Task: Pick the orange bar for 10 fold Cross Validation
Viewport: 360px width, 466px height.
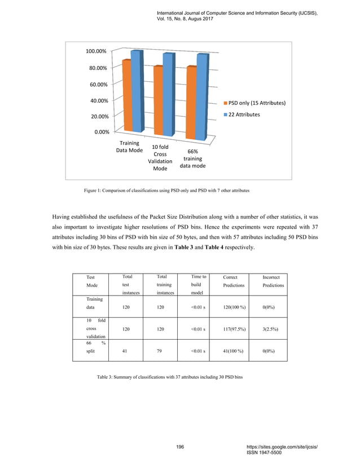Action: tap(158, 100)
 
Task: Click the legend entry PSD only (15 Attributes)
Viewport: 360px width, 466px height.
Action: tap(256, 103)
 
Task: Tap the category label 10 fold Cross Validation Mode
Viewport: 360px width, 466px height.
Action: tap(160, 157)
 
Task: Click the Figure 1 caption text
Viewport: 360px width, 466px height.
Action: tap(166, 191)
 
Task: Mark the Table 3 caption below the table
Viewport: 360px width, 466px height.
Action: tap(170, 376)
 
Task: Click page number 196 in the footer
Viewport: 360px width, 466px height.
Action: tap(180, 446)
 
